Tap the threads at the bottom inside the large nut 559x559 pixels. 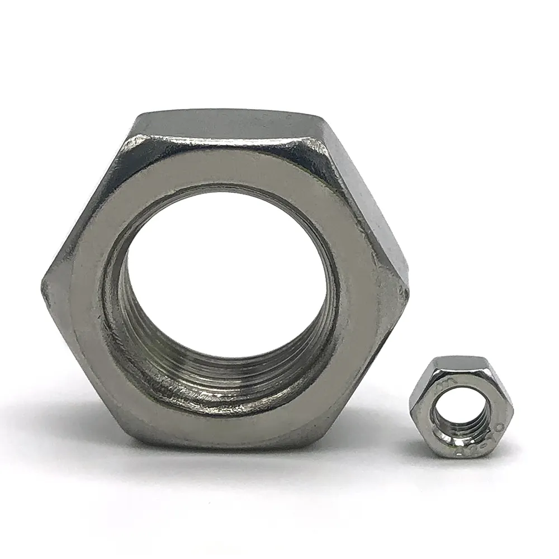[224, 386]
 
